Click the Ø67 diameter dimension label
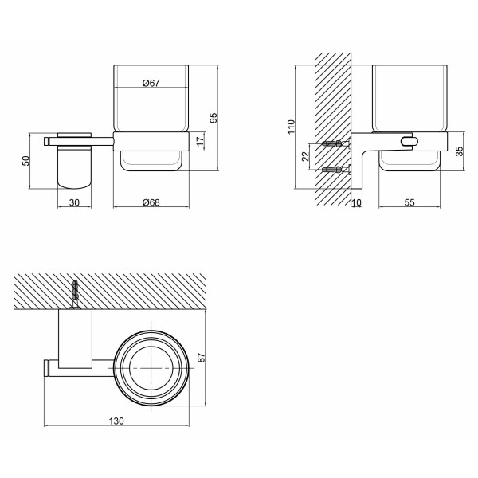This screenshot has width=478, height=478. click(x=151, y=83)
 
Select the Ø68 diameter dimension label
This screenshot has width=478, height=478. click(x=151, y=202)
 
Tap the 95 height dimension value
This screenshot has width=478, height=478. click(x=214, y=118)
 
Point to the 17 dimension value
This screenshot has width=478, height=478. click(x=200, y=141)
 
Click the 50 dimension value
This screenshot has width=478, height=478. click(x=26, y=161)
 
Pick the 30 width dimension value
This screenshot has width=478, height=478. click(x=74, y=202)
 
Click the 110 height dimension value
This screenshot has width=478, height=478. click(x=291, y=127)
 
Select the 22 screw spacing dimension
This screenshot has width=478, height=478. click(x=305, y=156)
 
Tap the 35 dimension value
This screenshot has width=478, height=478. click(x=459, y=151)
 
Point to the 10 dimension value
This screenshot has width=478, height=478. click(x=356, y=202)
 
